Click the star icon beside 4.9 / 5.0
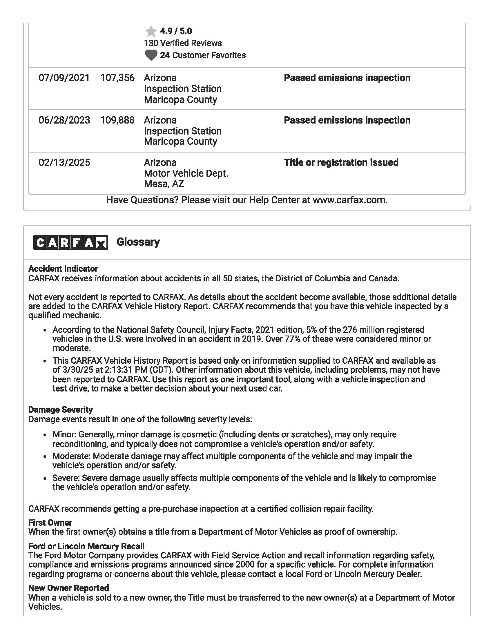pyautogui.click(x=151, y=31)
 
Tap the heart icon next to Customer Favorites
pyautogui.click(x=151, y=55)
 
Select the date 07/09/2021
pyautogui.click(x=64, y=78)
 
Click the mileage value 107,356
pyautogui.click(x=117, y=78)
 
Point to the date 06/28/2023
pyautogui.click(x=64, y=120)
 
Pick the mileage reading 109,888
pyautogui.click(x=117, y=120)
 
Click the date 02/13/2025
pyautogui.click(x=64, y=163)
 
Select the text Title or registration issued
pyautogui.click(x=341, y=163)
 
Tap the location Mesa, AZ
pyautogui.click(x=164, y=184)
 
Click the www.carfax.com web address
pyautogui.click(x=350, y=200)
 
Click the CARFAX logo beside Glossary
pyautogui.click(x=71, y=242)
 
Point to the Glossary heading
pyautogui.click(x=138, y=242)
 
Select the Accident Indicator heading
pyautogui.click(x=63, y=269)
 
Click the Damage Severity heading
pyautogui.click(x=60, y=409)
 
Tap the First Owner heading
pyautogui.click(x=50, y=523)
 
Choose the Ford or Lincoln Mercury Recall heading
pyautogui.click(x=86, y=546)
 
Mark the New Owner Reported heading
pyautogui.click(x=69, y=588)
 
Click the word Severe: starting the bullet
pyautogui.click(x=66, y=478)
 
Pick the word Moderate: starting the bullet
pyautogui.click(x=72, y=456)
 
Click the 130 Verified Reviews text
pyautogui.click(x=183, y=43)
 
